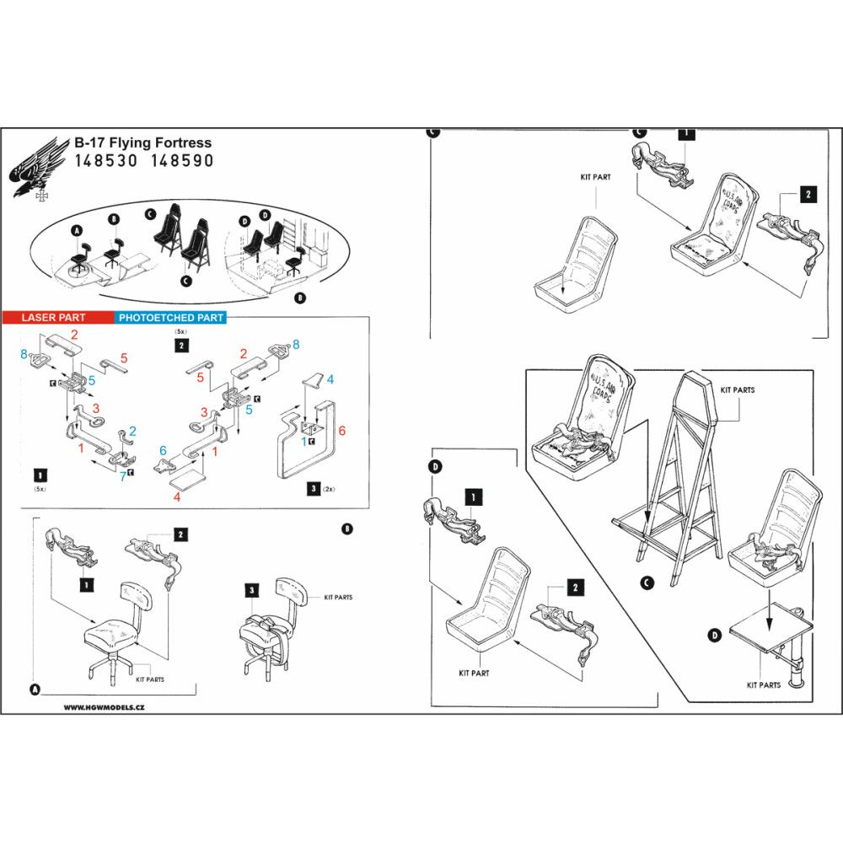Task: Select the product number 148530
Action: (x=103, y=160)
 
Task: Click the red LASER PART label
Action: (x=53, y=318)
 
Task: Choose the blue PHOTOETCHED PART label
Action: (x=170, y=318)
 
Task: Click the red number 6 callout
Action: (x=341, y=430)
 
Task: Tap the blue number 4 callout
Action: (x=330, y=380)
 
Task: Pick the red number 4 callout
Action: (x=176, y=497)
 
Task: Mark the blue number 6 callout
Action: (x=163, y=451)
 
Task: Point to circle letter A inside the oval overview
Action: (x=78, y=230)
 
